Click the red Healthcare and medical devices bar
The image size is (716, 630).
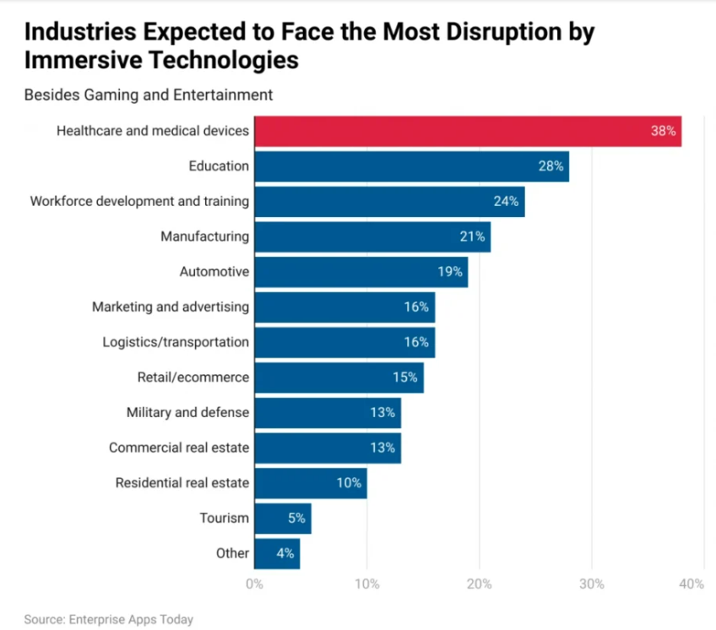[x=467, y=132]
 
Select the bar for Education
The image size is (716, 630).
[x=411, y=166]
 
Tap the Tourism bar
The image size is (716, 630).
[x=282, y=519]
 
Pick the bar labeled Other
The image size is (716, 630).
[x=276, y=554]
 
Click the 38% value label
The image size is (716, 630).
[x=663, y=132]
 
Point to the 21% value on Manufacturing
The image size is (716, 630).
[x=473, y=237]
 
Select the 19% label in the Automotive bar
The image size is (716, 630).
[x=450, y=272]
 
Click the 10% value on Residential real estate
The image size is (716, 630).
[x=349, y=483]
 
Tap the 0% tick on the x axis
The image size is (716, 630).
[x=254, y=584]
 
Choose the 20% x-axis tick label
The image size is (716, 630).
[x=479, y=584]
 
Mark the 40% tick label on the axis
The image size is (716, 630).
[x=691, y=584]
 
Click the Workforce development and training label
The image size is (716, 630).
[x=139, y=201]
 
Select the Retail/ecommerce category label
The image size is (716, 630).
[x=193, y=377]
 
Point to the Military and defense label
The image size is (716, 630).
[x=187, y=412]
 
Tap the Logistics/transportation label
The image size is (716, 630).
[x=176, y=342]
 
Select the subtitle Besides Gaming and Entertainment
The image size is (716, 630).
[x=149, y=94]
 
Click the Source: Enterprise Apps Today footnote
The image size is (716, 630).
[x=108, y=620]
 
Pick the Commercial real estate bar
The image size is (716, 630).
[x=327, y=448]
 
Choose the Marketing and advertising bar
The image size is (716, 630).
[x=344, y=307]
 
